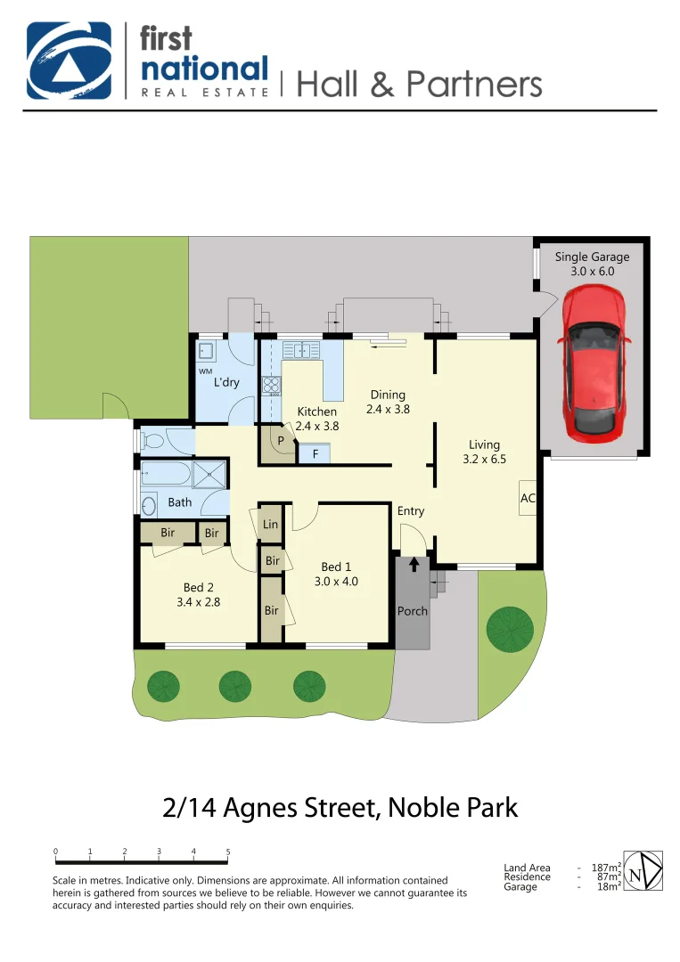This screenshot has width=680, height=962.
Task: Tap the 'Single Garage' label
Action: (x=592, y=257)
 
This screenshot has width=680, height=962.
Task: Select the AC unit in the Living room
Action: (x=527, y=498)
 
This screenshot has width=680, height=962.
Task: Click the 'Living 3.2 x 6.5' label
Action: (x=485, y=452)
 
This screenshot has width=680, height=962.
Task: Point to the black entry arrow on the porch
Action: (x=414, y=564)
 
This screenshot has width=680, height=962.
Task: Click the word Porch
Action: (x=413, y=611)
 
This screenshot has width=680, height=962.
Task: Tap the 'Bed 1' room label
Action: (x=336, y=567)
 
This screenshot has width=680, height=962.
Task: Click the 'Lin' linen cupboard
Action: (x=270, y=525)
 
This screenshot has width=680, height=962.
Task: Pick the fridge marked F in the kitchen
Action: (x=315, y=454)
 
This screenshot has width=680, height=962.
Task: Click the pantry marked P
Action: (x=280, y=441)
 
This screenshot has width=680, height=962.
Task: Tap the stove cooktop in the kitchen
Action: (x=271, y=386)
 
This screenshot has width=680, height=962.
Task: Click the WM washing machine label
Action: (x=205, y=371)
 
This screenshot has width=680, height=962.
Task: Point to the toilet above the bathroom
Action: (x=155, y=440)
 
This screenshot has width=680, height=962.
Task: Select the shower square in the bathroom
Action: (x=209, y=474)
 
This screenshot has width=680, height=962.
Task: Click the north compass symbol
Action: (x=642, y=870)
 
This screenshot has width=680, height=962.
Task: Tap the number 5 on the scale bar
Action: (x=228, y=852)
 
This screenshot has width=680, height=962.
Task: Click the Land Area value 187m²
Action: (x=606, y=868)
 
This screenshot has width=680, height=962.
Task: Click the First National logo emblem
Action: (x=70, y=60)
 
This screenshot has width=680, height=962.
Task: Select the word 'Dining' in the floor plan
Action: (x=388, y=395)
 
